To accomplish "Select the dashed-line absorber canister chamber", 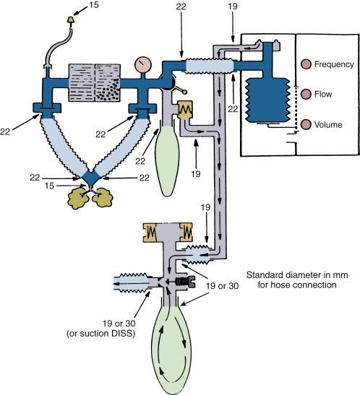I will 82,81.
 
